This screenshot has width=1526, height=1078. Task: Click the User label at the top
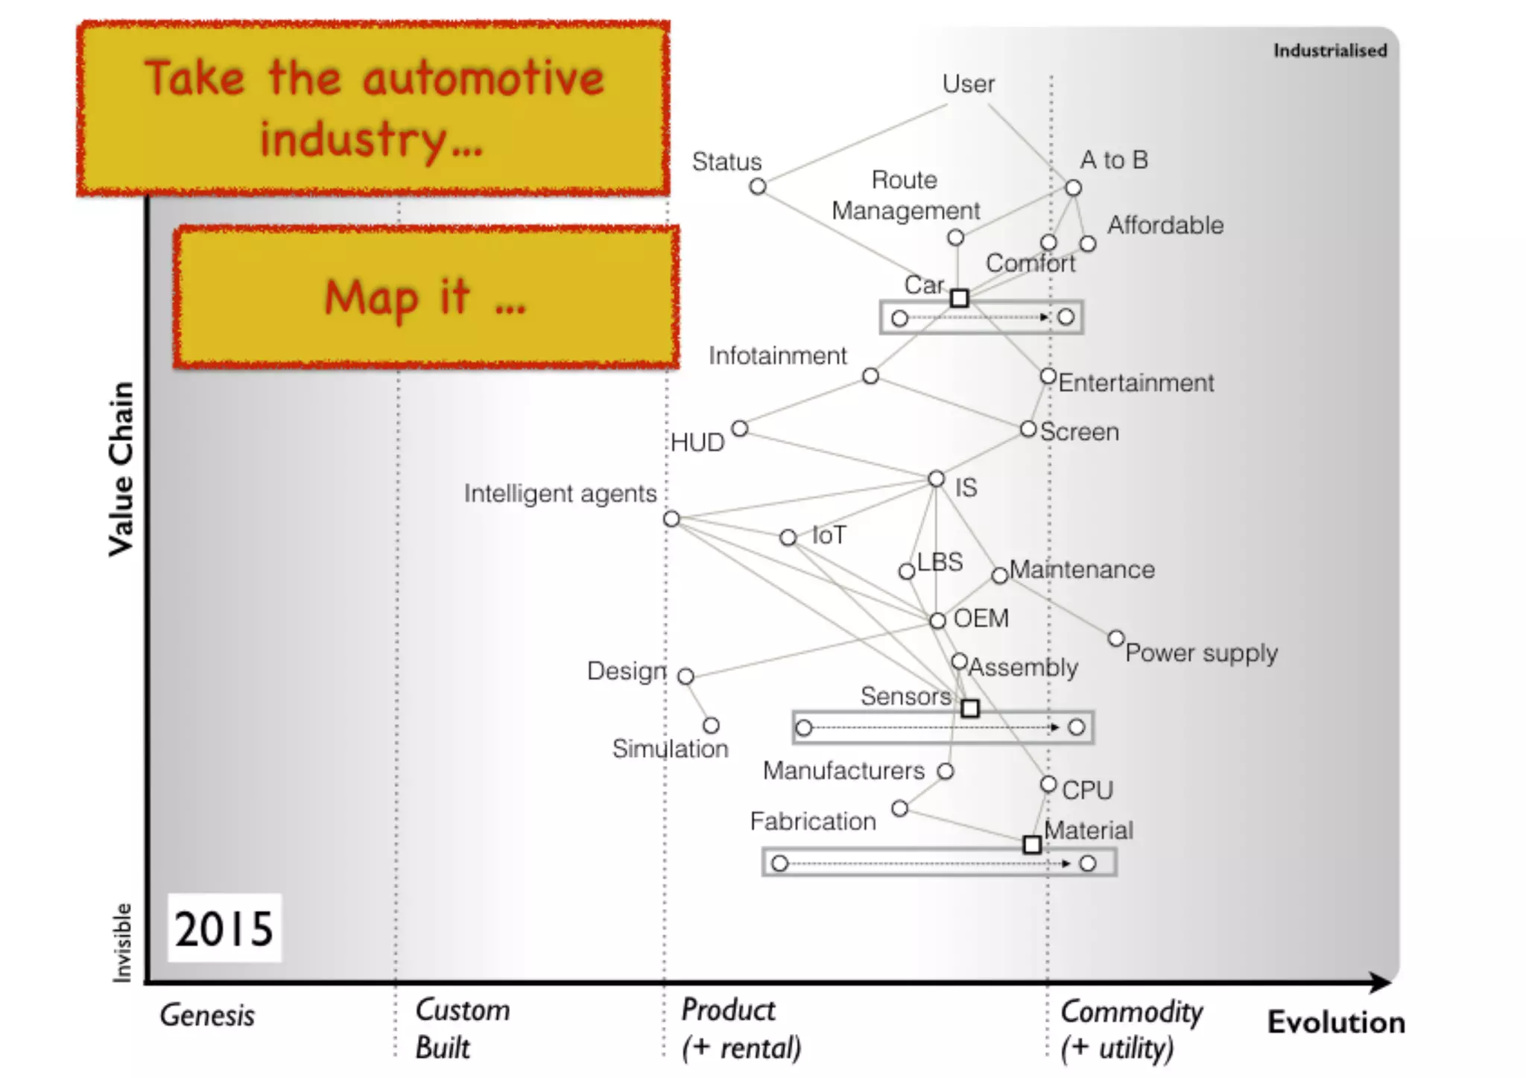coord(968,84)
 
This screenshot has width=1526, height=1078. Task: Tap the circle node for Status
coord(758,186)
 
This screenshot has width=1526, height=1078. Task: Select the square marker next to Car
coord(960,298)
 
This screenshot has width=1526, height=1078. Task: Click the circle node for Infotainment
coord(870,376)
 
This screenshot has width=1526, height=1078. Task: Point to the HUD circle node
coord(739,428)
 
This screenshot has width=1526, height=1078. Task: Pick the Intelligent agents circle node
coord(671,519)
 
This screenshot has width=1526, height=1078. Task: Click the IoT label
coord(829,535)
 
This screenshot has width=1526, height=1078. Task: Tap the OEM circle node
coord(937,621)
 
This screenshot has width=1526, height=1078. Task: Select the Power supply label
coord(1201,653)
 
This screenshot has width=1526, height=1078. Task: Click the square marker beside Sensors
coord(969,708)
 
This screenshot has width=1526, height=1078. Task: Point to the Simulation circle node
coord(711,726)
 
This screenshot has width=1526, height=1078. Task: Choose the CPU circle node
coord(1048,784)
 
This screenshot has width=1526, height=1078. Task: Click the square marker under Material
coord(1032,844)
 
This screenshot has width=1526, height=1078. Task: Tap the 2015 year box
coord(224,928)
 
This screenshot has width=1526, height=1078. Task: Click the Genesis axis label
coord(207,1015)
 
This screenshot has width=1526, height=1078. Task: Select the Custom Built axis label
coord(462,1029)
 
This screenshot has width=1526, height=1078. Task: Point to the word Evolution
coord(1336,1022)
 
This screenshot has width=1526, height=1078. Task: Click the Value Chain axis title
coord(121,469)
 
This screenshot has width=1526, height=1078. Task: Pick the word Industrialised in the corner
coord(1330,51)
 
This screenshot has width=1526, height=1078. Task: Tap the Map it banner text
coord(425,297)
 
